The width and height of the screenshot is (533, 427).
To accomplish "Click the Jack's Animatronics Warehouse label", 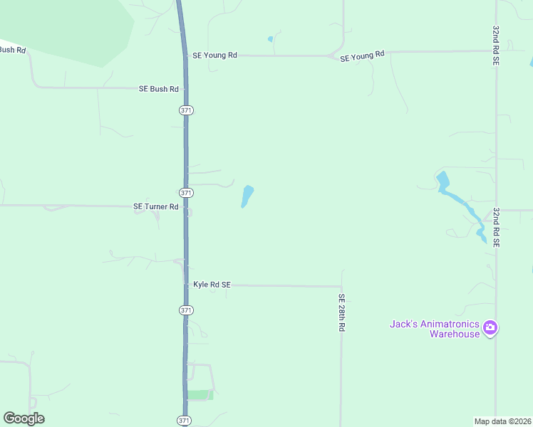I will click(434, 329).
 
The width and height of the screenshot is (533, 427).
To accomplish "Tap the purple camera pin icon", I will click(490, 328).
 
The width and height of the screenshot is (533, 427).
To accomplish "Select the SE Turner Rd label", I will click(155, 206).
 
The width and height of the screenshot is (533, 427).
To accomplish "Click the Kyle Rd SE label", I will click(212, 285).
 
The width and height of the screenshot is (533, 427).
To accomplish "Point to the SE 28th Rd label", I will click(342, 313).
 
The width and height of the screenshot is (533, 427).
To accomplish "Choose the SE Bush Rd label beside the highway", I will click(158, 89).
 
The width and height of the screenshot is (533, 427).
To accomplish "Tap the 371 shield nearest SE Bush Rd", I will click(186, 110).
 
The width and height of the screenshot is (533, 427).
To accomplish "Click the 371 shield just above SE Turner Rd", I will click(186, 193).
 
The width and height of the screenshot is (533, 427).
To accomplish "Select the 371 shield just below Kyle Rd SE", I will click(186, 310).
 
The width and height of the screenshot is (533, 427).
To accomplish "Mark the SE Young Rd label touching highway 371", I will click(214, 55).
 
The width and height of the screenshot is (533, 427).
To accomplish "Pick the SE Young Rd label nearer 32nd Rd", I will click(362, 56).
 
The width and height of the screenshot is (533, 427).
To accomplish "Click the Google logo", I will click(24, 418).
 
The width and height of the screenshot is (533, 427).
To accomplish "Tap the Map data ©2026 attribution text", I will click(502, 421).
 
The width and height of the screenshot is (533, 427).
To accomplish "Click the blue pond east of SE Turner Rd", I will click(247, 196).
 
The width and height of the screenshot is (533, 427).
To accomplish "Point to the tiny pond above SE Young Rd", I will click(270, 38).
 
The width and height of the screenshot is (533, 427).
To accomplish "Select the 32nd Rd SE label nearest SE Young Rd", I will click(495, 46).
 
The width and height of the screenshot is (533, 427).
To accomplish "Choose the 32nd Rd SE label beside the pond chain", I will click(495, 227).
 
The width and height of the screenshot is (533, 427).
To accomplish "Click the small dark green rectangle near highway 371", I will click(200, 395).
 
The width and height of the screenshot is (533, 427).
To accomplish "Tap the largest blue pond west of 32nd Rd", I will click(443, 181).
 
